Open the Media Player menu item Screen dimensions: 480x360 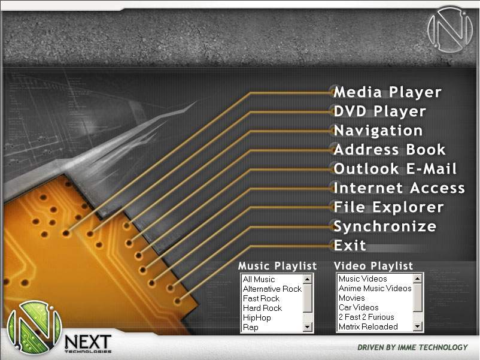387,92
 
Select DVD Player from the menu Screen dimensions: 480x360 379,111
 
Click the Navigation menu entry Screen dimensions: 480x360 378,131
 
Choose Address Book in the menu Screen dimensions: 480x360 390,150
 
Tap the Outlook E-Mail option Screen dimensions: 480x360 395,169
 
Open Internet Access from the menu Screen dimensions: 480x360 399,188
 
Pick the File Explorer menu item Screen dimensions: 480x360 388,207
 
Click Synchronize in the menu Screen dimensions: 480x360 385,227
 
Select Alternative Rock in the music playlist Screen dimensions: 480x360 272,289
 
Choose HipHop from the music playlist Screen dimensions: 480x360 257,317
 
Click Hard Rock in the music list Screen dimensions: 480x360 262,308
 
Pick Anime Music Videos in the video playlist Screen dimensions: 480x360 375,288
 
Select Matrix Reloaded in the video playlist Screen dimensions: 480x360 368,326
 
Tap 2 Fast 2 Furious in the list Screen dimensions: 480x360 366,317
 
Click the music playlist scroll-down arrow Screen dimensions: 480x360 308,327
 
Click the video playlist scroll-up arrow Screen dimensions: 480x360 418,279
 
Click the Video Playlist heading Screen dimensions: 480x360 373,266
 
